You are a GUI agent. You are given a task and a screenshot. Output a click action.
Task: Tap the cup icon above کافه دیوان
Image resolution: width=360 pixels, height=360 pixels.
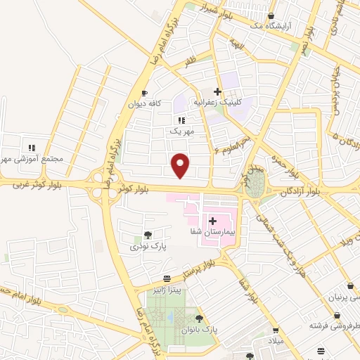pyautogui.click(x=144, y=93)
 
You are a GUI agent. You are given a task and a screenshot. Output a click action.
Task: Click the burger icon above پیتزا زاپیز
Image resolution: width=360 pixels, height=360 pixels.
pyautogui.click(x=167, y=279)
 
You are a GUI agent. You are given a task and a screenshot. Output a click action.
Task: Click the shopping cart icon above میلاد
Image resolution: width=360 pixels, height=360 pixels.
pyautogui.click(x=275, y=330)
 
